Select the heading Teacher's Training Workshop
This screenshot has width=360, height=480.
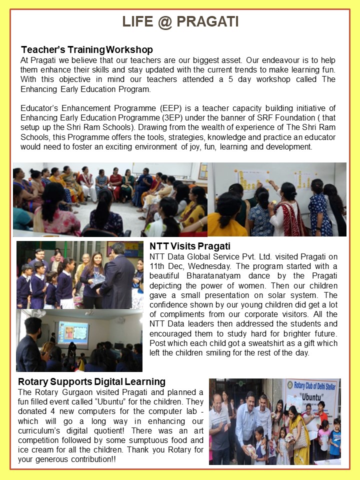86,50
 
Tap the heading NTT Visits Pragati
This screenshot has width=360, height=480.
190,246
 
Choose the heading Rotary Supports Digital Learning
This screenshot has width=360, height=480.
91,382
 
